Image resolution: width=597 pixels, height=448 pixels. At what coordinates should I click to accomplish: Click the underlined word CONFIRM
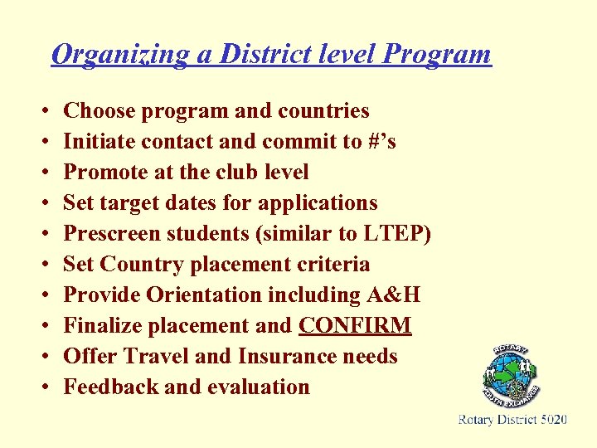click(355, 326)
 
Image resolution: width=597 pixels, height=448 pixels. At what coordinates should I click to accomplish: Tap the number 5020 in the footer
click(553, 421)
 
